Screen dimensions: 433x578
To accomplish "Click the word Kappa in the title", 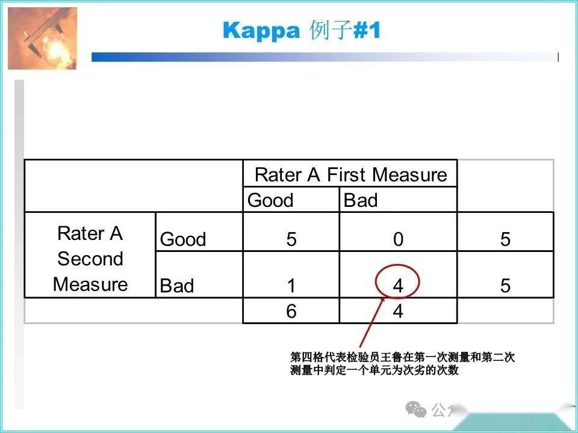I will pos(261,31).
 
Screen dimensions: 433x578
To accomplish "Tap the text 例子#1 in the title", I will pos(345,31).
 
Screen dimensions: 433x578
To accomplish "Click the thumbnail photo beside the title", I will pos(42,38).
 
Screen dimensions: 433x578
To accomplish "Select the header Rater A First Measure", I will pos(350,175).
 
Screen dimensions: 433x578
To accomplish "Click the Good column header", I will pos(270,200).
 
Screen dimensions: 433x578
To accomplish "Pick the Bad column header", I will pos(360,200).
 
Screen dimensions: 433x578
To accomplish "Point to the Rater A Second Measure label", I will pos(90,259).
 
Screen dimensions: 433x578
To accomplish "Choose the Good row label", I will pos(183,239).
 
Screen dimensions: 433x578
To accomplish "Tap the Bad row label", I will pos(177,286).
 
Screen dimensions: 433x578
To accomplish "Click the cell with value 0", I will pos(398,239).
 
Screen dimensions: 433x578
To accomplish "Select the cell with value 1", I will pos(291,286).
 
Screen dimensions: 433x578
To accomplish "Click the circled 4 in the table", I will pos(398,286).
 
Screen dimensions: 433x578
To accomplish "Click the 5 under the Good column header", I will pos(291,239).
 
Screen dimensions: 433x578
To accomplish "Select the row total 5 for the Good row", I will pos(505,239).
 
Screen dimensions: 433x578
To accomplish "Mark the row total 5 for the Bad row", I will pos(505,286).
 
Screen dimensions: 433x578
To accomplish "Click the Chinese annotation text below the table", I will pos(402,364).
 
